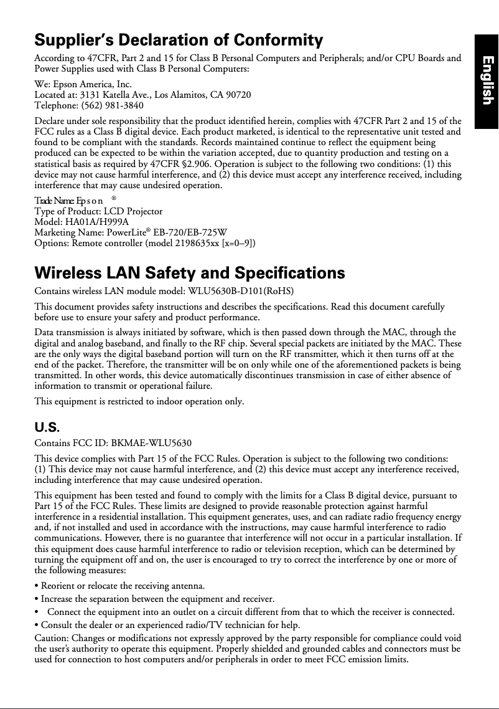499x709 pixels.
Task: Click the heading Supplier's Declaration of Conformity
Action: tap(179, 41)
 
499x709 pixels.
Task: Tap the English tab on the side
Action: tap(487, 80)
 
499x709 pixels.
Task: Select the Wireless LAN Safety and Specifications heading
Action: tap(190, 273)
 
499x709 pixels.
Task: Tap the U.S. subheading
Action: tap(47, 427)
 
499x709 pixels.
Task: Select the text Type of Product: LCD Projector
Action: tap(98, 211)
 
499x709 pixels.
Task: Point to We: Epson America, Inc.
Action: tap(83, 84)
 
